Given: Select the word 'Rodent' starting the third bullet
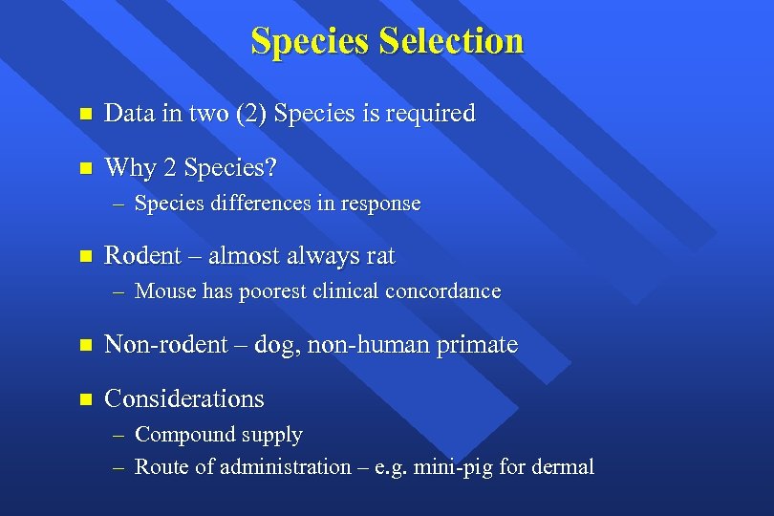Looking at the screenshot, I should click(141, 256).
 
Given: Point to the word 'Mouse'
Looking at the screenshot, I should click(165, 291).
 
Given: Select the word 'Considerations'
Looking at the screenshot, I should click(183, 398).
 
